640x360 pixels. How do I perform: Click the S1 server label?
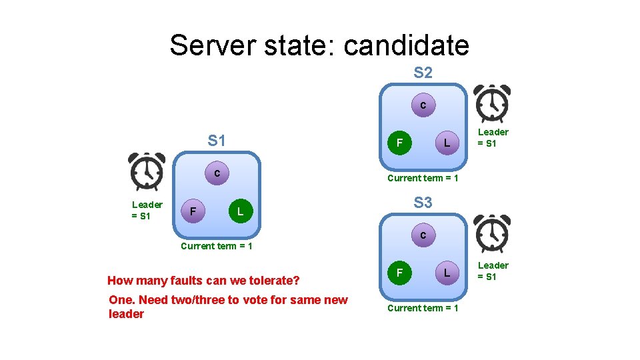coord(217,141)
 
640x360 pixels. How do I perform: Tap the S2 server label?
coord(423,73)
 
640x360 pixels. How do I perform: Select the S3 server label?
coord(423,202)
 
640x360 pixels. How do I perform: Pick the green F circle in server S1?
coord(193,212)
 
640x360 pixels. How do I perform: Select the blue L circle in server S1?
coord(240,212)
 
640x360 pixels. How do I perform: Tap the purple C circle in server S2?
coord(423,106)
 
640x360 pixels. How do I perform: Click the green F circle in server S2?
coord(399,143)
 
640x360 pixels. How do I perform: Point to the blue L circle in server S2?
coord(447,143)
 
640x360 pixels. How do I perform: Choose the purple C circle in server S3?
coord(423,235)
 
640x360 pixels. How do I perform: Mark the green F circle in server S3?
coord(399,272)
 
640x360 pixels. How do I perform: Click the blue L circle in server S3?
coord(447,272)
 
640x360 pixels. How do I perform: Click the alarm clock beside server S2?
coord(492,104)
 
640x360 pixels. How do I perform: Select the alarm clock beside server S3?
coord(492,234)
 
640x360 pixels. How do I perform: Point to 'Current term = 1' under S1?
coord(217,246)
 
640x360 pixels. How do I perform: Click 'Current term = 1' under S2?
coord(423,178)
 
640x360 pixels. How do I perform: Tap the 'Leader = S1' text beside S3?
coord(493,271)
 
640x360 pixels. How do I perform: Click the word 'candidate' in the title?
coord(406,45)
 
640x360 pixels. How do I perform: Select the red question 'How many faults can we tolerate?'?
coord(203,280)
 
